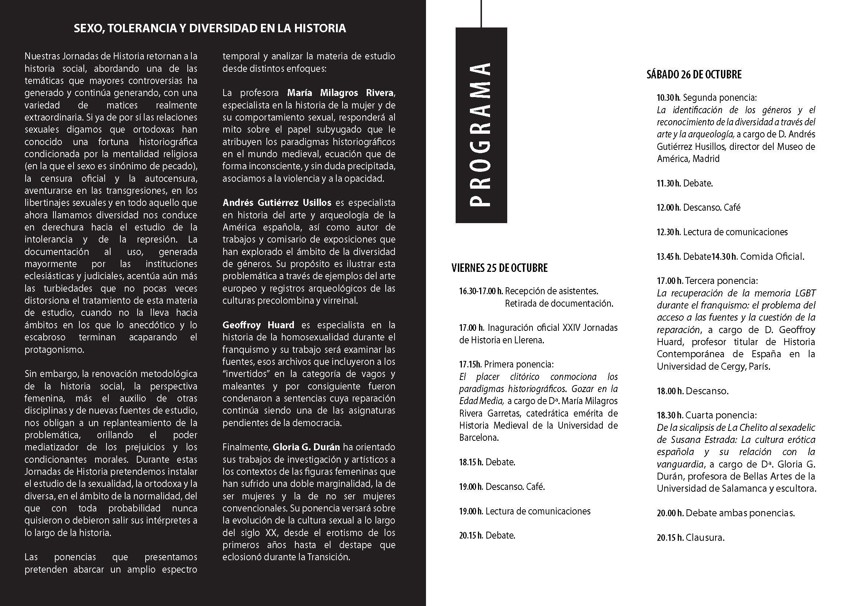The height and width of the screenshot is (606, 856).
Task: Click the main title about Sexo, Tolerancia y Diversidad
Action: (x=210, y=28)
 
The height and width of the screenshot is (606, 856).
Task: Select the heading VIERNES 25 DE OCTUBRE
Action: (x=499, y=268)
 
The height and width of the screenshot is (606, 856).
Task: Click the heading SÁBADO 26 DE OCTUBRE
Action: (x=694, y=75)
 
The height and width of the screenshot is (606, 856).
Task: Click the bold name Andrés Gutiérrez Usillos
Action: (x=277, y=203)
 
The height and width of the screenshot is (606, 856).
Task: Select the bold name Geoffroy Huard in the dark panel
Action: (x=258, y=325)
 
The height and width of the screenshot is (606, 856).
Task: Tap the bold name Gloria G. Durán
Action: (x=306, y=447)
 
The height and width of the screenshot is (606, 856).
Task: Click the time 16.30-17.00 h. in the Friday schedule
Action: (x=481, y=291)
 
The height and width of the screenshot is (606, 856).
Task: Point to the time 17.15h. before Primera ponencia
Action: (x=470, y=364)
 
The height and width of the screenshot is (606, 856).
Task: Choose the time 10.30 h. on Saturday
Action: (x=669, y=98)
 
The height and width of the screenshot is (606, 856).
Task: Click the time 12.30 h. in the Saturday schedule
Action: (x=669, y=232)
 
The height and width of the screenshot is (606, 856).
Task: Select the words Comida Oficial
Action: (x=772, y=257)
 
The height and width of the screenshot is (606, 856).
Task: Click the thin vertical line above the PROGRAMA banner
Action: (x=481, y=14)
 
